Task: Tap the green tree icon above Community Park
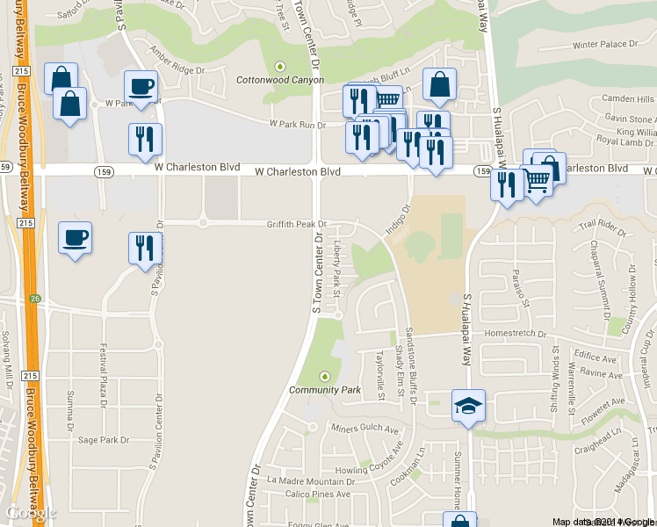tap(326, 376)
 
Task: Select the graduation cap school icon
tap(468, 406)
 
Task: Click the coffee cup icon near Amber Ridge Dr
tap(141, 86)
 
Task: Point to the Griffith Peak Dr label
tap(297, 224)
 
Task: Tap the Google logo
tap(30, 513)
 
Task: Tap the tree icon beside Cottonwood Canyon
tap(281, 66)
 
